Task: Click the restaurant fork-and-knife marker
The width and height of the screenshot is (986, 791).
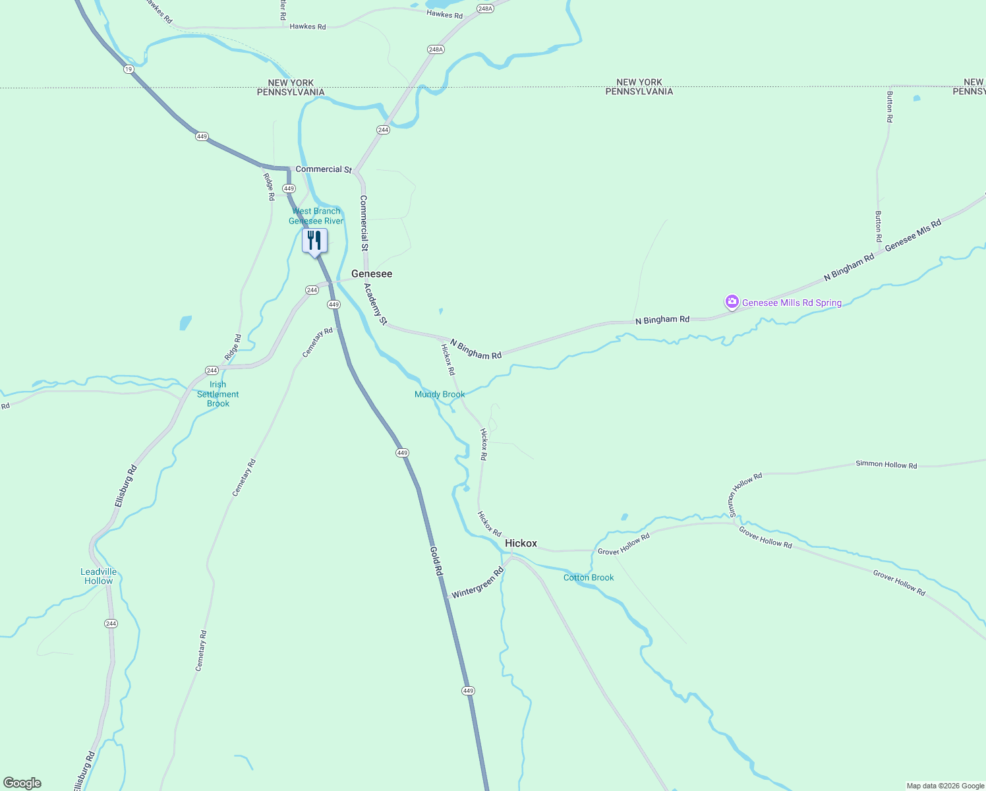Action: [x=314, y=241]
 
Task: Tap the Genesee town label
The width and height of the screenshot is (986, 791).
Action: [x=372, y=274]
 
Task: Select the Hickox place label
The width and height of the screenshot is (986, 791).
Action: [x=521, y=543]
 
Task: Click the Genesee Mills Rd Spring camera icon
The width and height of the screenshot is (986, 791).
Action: [x=732, y=302]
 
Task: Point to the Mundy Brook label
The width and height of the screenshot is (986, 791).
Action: [x=440, y=394]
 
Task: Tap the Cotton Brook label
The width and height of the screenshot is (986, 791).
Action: [x=589, y=577]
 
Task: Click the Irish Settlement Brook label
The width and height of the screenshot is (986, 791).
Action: [x=218, y=394]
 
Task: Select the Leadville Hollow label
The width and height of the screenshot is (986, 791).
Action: [x=99, y=576]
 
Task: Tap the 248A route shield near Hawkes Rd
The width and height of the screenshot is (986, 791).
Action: [x=486, y=9]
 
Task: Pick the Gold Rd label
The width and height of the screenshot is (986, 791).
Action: [x=436, y=561]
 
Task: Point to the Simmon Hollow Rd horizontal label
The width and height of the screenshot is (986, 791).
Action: [x=886, y=464]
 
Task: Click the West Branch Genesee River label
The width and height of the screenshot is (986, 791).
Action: [x=316, y=216]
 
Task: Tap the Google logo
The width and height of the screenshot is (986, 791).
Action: [x=22, y=783]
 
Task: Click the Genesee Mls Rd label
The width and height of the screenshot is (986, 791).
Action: [x=913, y=235]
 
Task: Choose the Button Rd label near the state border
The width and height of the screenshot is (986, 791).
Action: [x=890, y=107]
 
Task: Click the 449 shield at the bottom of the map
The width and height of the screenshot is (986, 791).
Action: [x=468, y=691]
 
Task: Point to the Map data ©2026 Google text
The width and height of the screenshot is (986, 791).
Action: [x=945, y=786]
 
